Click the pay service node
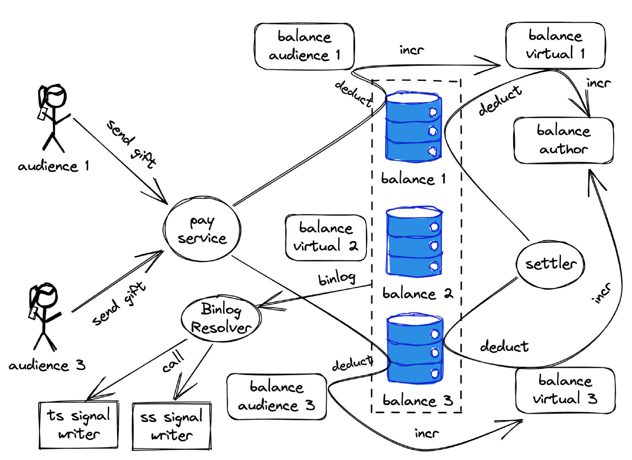click(202, 229)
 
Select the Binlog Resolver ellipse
click(221, 318)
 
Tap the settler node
click(550, 264)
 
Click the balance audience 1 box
click(304, 46)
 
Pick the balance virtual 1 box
click(555, 45)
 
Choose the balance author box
click(563, 140)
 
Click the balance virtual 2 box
click(326, 237)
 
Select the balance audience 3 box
click(277, 396)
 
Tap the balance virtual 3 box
click(565, 390)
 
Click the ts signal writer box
click(78, 425)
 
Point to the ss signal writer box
click(172, 426)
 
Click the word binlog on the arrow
click(337, 278)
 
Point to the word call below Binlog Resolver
click(173, 362)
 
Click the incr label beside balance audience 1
click(412, 50)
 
